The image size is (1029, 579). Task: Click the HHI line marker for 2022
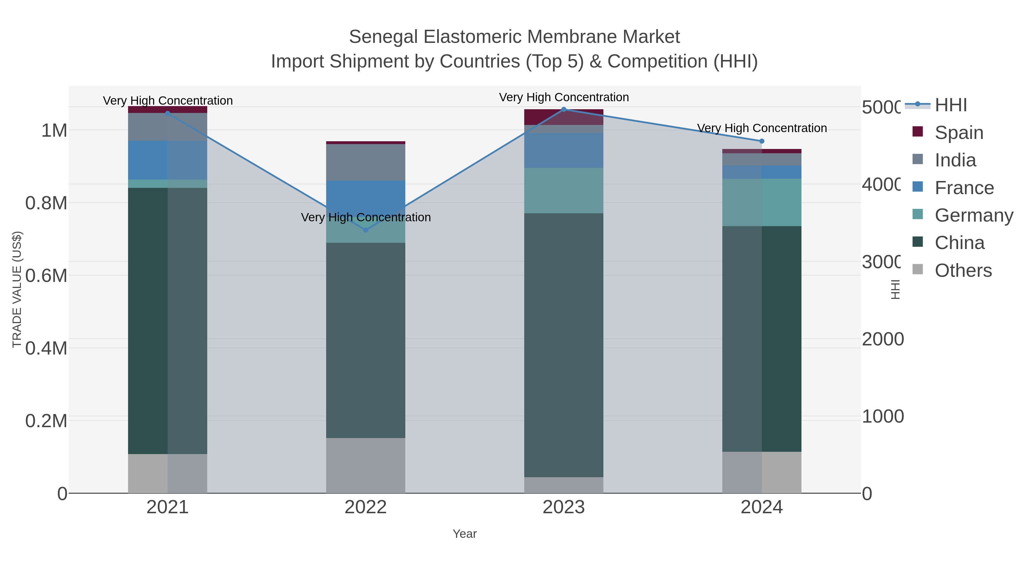[366, 230]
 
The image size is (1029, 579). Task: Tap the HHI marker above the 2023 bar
[564, 109]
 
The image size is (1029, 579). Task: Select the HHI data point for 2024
[761, 141]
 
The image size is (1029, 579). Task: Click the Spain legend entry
[959, 133]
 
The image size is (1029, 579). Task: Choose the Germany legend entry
[974, 215]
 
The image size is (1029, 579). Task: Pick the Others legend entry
[963, 270]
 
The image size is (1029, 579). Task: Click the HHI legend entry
[951, 105]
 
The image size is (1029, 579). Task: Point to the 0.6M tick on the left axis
[46, 276]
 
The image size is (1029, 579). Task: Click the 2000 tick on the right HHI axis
[882, 339]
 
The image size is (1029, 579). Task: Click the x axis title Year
[464, 534]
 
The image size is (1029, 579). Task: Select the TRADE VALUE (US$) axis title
[17, 289]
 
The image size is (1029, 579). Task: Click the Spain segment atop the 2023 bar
[564, 117]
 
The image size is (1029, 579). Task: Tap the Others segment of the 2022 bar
[366, 465]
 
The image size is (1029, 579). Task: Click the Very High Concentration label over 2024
[762, 128]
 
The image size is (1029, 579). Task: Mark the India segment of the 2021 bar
[167, 127]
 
